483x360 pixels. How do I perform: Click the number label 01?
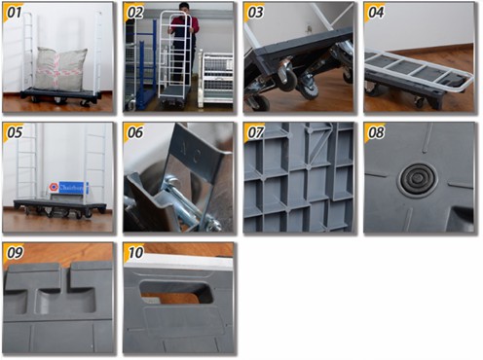[14, 13]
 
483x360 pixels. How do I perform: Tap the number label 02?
[134, 13]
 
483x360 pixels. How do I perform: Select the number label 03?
[255, 13]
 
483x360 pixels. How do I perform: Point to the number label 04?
[376, 13]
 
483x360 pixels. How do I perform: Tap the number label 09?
[14, 252]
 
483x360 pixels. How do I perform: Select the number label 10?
[134, 252]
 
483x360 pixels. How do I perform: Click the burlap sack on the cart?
[60, 69]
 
